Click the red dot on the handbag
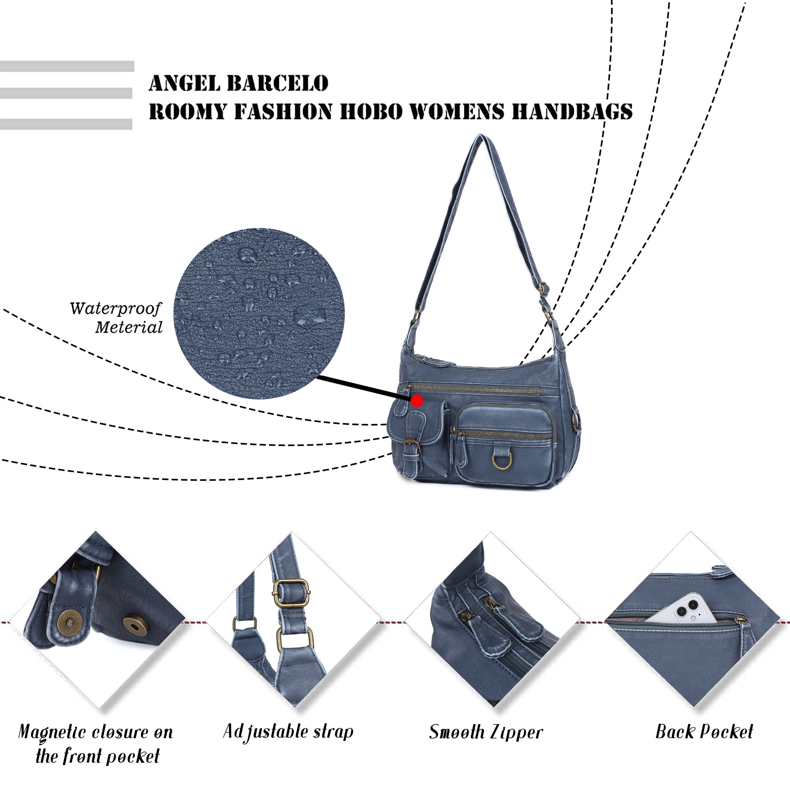(417, 401)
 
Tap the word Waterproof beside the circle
(115, 309)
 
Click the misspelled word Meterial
(129, 328)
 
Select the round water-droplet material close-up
(259, 313)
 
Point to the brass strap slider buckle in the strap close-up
(291, 593)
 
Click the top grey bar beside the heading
(67, 66)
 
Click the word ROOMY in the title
(188, 111)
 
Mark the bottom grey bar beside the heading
(66, 124)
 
